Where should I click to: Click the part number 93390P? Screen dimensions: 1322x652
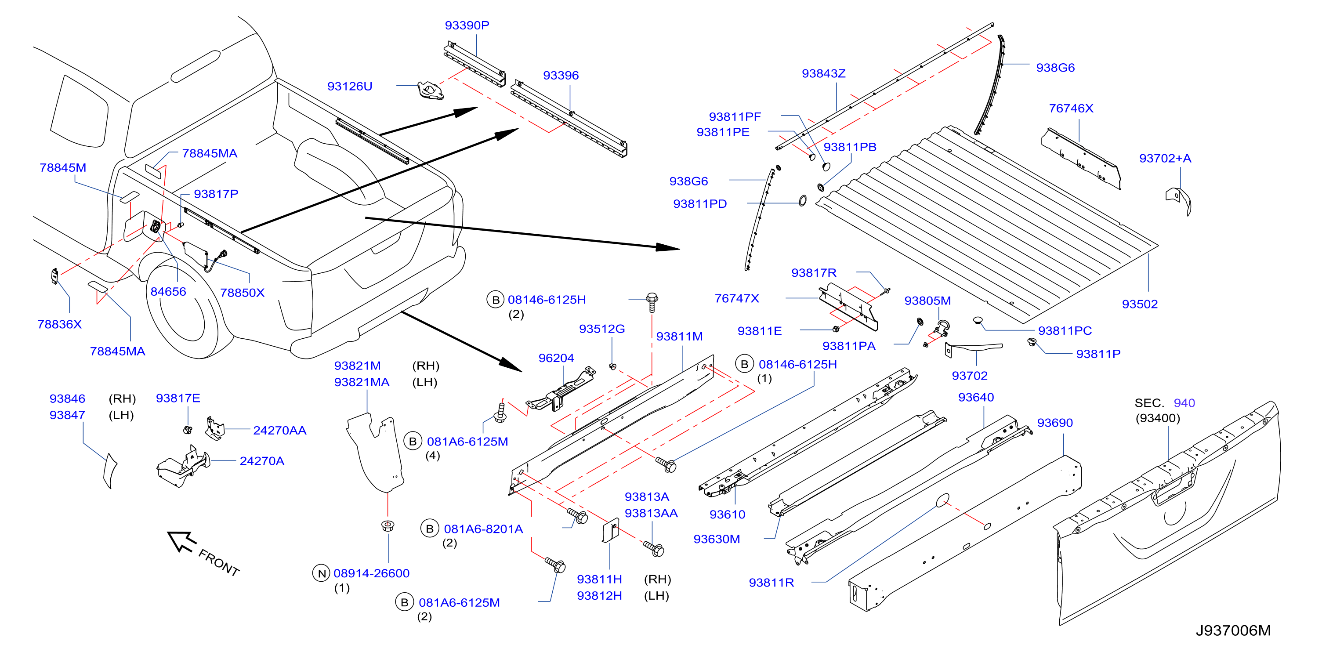pyautogui.click(x=467, y=25)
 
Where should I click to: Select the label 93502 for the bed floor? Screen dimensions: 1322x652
pyautogui.click(x=1140, y=304)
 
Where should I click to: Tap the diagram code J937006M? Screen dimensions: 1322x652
pyautogui.click(x=1233, y=630)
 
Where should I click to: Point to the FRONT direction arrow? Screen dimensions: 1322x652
pyautogui.click(x=182, y=542)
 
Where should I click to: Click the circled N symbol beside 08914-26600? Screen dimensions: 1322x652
pyautogui.click(x=321, y=573)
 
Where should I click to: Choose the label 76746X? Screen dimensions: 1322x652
pyautogui.click(x=1071, y=109)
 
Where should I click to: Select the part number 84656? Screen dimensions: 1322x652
pyautogui.click(x=168, y=292)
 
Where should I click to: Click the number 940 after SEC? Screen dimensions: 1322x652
pyautogui.click(x=1184, y=403)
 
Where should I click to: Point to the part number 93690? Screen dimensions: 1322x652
pyautogui.click(x=1055, y=423)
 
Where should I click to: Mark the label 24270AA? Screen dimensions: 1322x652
pyautogui.click(x=280, y=430)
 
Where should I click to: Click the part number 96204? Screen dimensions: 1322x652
pyautogui.click(x=556, y=358)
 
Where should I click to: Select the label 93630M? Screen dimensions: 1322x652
pyautogui.click(x=717, y=539)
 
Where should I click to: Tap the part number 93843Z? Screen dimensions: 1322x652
pyautogui.click(x=824, y=73)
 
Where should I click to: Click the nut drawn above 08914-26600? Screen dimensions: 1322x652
pyautogui.click(x=388, y=526)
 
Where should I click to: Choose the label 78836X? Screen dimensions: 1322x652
pyautogui.click(x=59, y=324)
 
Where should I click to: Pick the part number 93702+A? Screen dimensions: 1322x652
pyautogui.click(x=1165, y=158)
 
